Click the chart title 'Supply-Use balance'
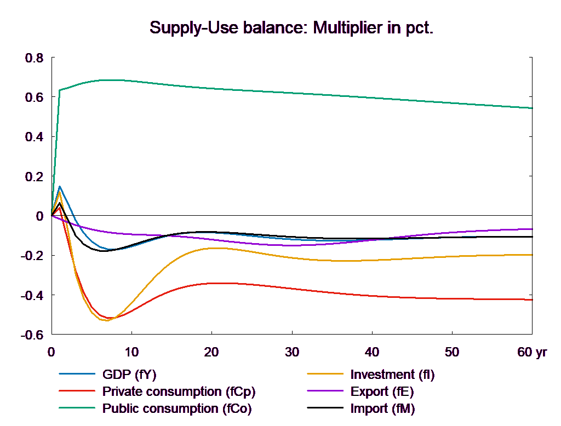point(291,28)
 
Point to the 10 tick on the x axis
point(131,352)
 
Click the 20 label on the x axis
point(211,352)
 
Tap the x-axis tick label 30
point(291,352)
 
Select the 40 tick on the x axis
point(371,352)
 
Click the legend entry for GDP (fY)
point(129,375)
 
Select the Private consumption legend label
point(179,392)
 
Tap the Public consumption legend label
point(176,408)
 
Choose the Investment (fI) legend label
point(392,375)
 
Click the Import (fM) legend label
point(382,408)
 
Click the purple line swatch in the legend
point(325,392)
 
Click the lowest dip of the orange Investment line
point(106,320)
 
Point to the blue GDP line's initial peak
point(60,186)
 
